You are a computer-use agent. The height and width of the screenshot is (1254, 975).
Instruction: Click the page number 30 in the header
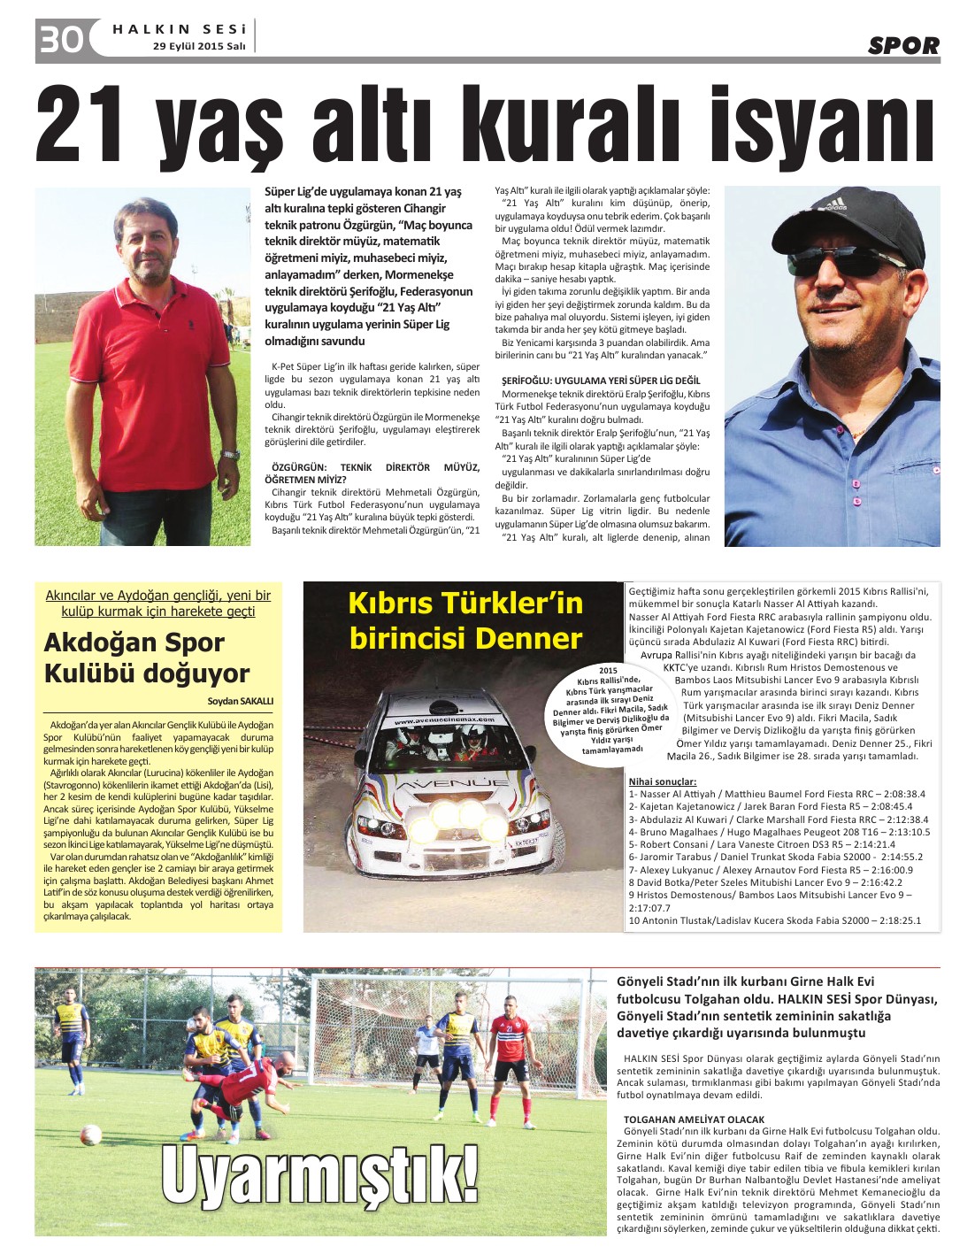(60, 39)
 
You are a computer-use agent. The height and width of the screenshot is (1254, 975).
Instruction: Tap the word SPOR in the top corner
(902, 45)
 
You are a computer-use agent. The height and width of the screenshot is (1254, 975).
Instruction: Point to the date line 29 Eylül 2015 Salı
(198, 46)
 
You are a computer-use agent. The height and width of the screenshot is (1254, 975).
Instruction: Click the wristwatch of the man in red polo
(230, 454)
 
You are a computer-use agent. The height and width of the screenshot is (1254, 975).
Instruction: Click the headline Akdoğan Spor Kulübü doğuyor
(147, 658)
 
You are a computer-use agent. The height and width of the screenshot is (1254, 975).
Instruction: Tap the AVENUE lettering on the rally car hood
(451, 784)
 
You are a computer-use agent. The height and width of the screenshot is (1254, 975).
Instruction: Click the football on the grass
(90, 1135)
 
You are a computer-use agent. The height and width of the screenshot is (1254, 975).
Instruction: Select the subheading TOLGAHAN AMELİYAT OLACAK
(694, 1119)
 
